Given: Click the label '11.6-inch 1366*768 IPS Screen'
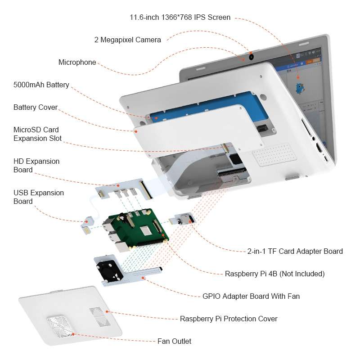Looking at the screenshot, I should click(180, 18).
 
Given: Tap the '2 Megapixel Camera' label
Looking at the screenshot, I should click(127, 40).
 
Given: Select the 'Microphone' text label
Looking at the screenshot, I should click(77, 63).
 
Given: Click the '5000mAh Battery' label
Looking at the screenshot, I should click(41, 85).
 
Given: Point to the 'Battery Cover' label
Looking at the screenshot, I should click(36, 108).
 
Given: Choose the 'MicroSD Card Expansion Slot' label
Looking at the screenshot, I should click(38, 134).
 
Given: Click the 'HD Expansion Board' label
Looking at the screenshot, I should click(36, 166).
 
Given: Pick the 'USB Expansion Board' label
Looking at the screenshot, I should click(39, 197).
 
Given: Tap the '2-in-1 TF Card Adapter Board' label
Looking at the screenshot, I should click(295, 252).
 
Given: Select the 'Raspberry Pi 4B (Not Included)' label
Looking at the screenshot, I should click(274, 274).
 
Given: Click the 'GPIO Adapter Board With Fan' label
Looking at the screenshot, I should click(251, 296).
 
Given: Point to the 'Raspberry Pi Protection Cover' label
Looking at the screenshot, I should click(229, 319).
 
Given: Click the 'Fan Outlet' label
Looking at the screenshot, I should click(174, 341).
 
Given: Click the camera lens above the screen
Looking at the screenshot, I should click(251, 57).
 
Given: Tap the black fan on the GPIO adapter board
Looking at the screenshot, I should click(109, 271).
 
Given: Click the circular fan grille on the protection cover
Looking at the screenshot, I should click(62, 325).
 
